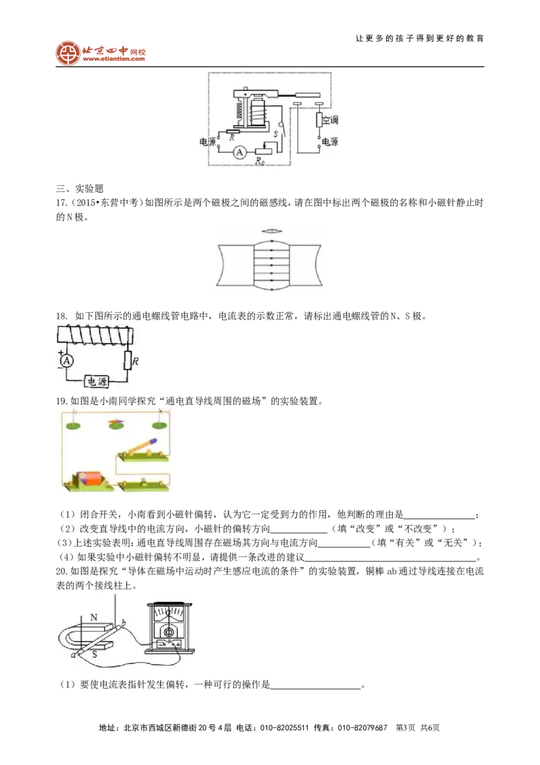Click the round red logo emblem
[x=67, y=53]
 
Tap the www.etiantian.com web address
[x=114, y=59]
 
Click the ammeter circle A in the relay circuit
[x=240, y=153]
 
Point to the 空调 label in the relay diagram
[x=330, y=120]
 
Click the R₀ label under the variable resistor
[x=260, y=161]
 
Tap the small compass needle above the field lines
[x=269, y=231]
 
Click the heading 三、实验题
[x=80, y=189]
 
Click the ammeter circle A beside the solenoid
[x=67, y=361]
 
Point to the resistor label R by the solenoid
[x=136, y=362]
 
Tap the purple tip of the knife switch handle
[x=153, y=441]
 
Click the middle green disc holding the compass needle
[x=116, y=426]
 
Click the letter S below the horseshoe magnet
[x=94, y=653]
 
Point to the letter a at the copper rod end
[x=73, y=655]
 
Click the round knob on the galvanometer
[x=169, y=633]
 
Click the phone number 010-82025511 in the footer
[x=284, y=728]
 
